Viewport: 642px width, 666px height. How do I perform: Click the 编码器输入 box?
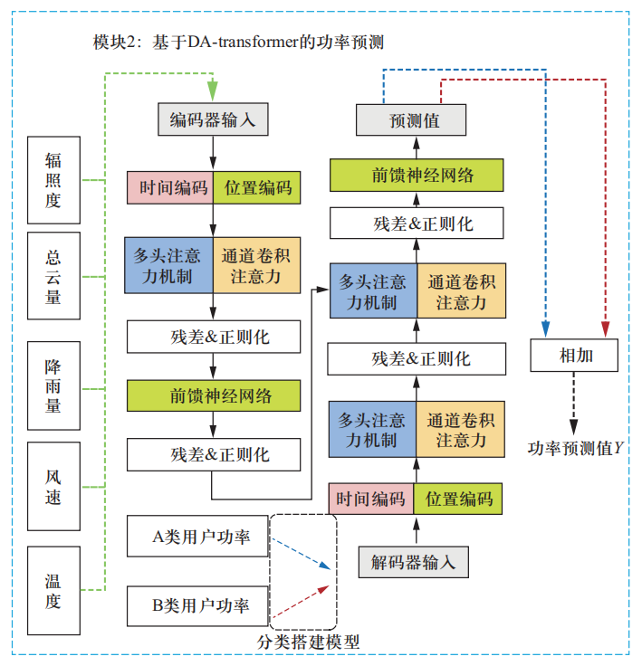213,119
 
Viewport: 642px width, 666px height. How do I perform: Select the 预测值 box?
411,119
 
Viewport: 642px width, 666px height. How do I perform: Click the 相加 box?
575,356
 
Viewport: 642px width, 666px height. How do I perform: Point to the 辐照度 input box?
53,181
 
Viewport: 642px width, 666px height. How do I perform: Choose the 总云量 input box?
53,276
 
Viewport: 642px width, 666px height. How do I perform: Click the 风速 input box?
53,485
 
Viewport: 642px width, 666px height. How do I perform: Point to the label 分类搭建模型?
308,642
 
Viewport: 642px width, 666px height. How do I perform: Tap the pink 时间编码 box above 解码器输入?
370,499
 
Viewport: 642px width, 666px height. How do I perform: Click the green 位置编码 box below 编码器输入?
257,187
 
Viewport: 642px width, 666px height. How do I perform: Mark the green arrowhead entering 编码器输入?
214,91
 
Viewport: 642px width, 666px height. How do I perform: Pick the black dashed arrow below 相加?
574,402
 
